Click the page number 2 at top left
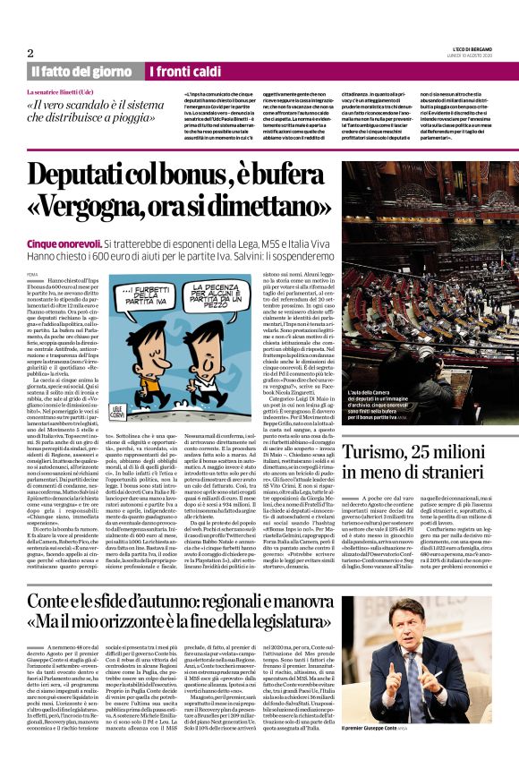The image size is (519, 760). pyautogui.click(x=30, y=52)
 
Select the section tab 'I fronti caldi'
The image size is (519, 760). pyautogui.click(x=187, y=71)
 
